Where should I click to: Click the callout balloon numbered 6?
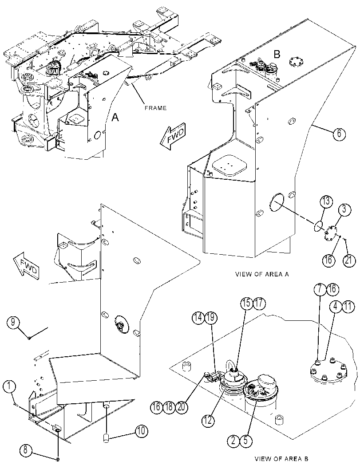click(x=339, y=133)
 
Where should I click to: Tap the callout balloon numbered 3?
click(x=344, y=209)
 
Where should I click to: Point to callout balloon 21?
click(x=349, y=260)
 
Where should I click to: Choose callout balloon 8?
click(x=26, y=450)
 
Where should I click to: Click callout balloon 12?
click(x=208, y=420)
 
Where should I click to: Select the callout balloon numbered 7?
click(x=320, y=289)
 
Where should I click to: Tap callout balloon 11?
click(x=348, y=306)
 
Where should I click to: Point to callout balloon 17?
click(x=259, y=303)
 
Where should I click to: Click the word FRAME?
click(x=156, y=108)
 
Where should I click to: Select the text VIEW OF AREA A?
click(x=262, y=274)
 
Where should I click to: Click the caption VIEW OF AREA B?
click(x=281, y=458)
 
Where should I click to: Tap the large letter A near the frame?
click(x=115, y=118)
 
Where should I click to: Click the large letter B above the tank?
click(x=277, y=55)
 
